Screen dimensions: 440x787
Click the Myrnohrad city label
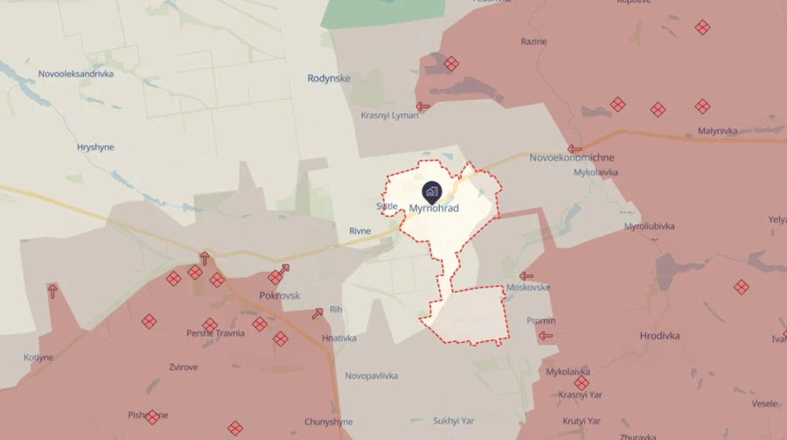click(434, 208)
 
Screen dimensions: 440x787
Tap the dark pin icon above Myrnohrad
click(432, 192)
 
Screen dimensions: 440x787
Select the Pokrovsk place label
click(280, 296)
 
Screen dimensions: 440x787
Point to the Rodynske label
click(329, 79)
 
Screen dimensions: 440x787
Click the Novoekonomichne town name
click(572, 158)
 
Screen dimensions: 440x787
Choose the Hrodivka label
click(659, 336)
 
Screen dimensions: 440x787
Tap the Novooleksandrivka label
click(76, 74)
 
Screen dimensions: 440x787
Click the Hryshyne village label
click(97, 148)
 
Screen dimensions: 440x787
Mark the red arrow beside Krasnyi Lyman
click(423, 107)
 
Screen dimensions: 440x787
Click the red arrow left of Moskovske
click(526, 276)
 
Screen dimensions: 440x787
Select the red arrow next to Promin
click(546, 335)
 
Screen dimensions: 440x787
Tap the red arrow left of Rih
click(317, 312)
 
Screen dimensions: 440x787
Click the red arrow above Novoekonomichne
click(575, 149)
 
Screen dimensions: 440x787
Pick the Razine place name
click(533, 41)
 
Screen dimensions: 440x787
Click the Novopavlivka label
click(372, 376)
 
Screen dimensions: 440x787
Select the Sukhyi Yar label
click(453, 421)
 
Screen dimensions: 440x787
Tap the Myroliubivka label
click(652, 227)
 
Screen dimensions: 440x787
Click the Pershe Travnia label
click(214, 333)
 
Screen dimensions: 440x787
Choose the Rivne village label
click(360, 231)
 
